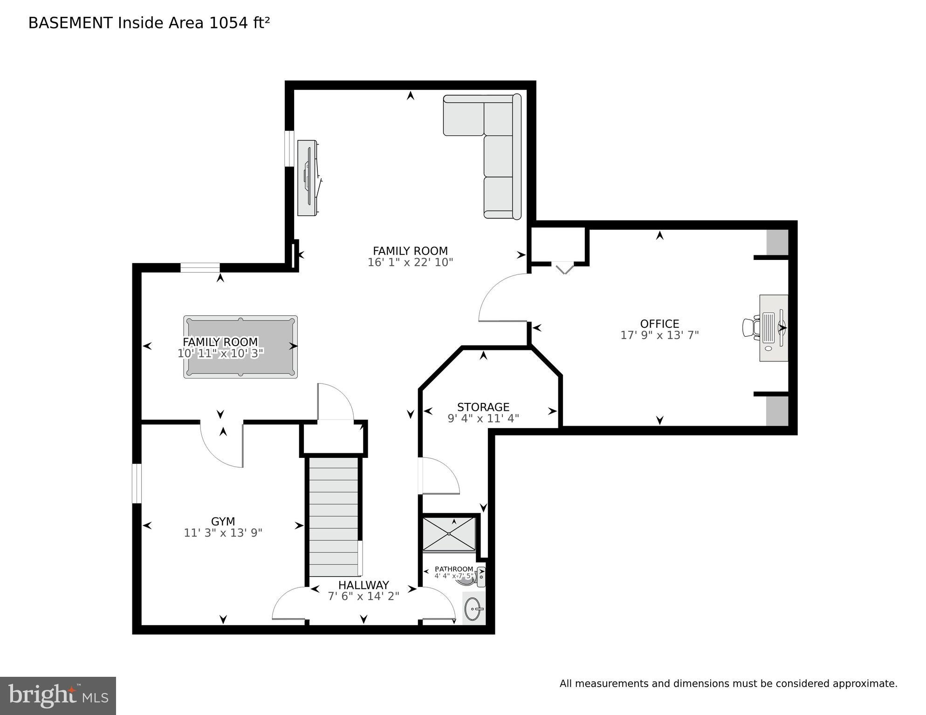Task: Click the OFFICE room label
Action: point(659,324)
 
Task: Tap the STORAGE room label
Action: point(483,407)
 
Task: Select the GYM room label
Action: point(223,521)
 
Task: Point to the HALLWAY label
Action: point(363,585)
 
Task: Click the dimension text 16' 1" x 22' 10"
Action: point(410,262)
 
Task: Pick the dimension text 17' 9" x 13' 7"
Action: point(659,335)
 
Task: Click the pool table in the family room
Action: point(240,347)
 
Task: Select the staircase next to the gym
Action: point(334,517)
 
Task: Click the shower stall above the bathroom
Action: point(449,534)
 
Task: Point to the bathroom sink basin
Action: point(473,609)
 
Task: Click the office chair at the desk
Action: point(749,327)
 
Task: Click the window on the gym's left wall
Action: point(137,483)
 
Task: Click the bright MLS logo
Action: point(58,695)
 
